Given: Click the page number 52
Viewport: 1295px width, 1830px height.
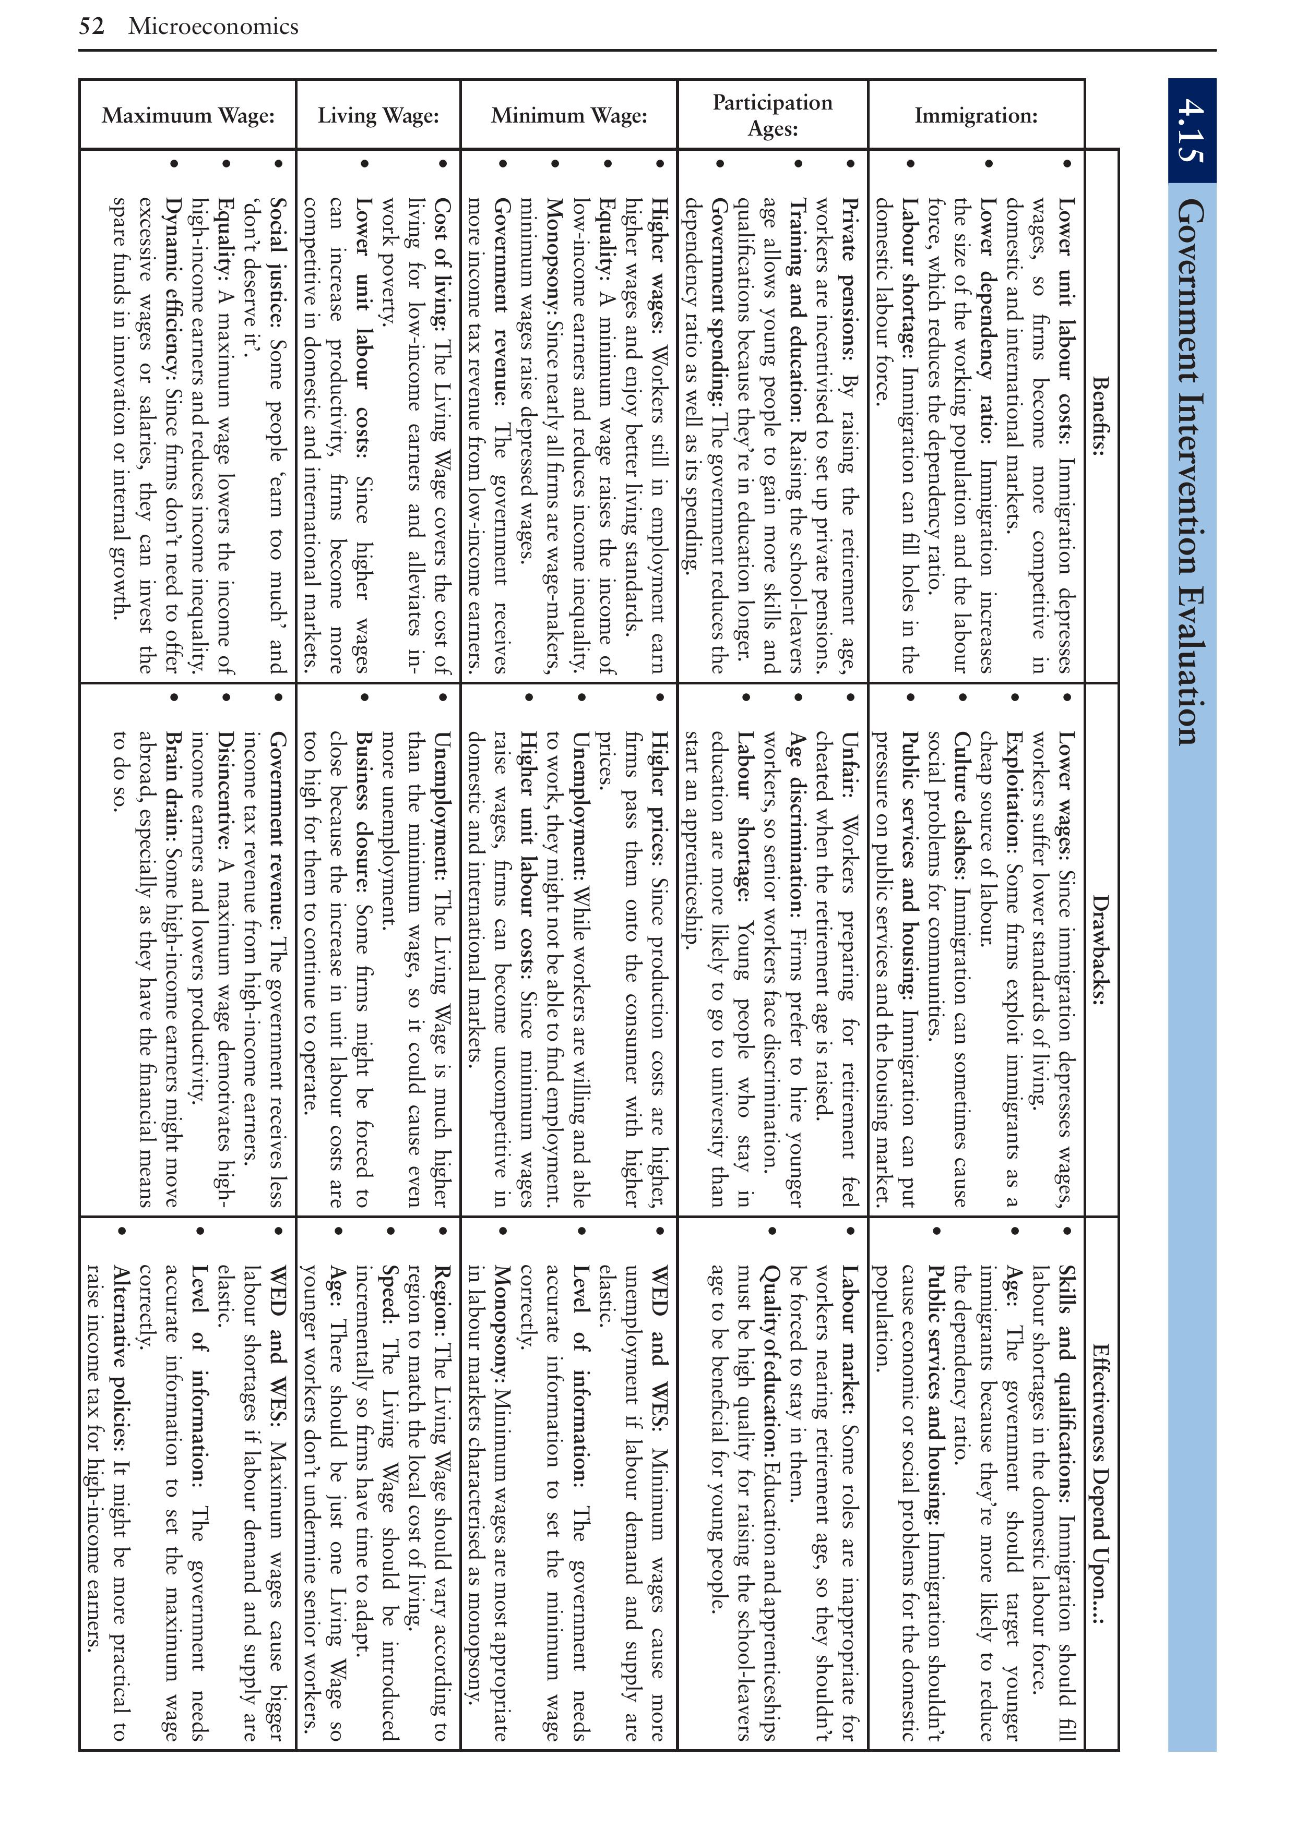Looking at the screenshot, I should click(92, 26).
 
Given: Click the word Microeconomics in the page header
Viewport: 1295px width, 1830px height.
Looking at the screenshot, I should click(213, 26).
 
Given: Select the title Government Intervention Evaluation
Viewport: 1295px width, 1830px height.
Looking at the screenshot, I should click(1191, 470).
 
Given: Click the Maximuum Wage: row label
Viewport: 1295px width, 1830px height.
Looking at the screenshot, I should click(188, 116).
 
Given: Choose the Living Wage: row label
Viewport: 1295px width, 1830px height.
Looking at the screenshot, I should click(378, 116).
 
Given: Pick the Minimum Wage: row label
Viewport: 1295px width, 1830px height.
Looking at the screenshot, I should click(568, 116).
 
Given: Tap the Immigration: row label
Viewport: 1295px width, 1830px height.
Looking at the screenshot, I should click(976, 116).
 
